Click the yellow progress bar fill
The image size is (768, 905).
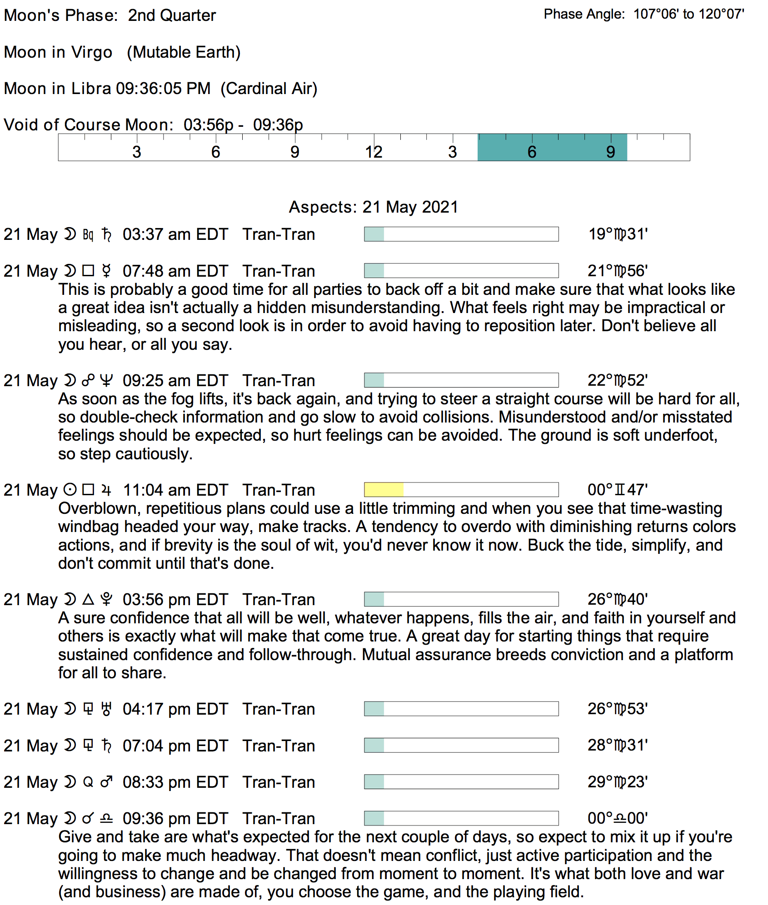384,490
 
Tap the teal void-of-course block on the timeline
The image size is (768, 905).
552,148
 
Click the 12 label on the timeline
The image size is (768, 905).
374,152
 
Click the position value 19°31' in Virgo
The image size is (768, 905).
618,234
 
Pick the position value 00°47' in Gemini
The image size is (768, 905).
618,490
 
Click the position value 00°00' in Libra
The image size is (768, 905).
618,818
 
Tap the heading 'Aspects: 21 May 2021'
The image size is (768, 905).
374,207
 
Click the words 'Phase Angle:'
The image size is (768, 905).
584,15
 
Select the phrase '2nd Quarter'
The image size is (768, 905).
172,15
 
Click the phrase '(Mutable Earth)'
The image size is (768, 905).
184,52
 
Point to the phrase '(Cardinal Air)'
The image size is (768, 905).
269,89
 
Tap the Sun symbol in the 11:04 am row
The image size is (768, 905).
70,490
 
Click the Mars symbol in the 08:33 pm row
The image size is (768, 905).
106,782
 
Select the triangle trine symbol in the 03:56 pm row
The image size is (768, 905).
88,599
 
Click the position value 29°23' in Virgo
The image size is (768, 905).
618,782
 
